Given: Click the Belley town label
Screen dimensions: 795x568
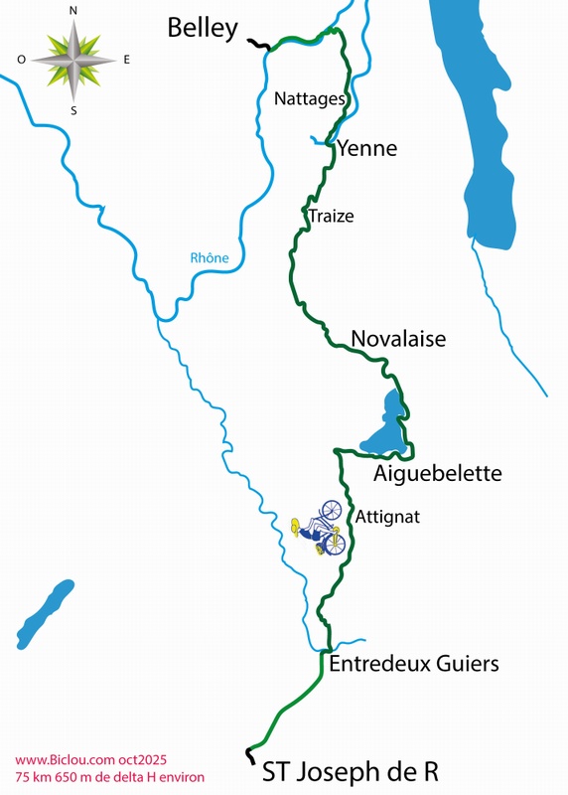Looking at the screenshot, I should [x=203, y=28].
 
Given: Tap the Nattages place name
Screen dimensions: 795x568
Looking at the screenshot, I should [x=310, y=99].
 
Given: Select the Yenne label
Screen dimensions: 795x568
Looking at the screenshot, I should [x=366, y=149].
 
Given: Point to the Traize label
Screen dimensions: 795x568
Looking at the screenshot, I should [x=331, y=216].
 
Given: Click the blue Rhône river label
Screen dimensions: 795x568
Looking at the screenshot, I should [x=210, y=258].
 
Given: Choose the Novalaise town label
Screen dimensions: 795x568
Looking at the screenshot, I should [x=398, y=339].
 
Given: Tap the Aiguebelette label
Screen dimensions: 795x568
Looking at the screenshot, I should [x=437, y=474].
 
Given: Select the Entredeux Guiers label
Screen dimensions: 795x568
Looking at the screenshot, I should [x=412, y=663].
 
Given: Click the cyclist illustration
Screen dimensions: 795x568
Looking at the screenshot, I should [x=319, y=529].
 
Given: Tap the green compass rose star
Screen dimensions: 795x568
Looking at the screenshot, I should [x=73, y=59].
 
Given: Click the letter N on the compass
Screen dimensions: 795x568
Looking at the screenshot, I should [x=73, y=11].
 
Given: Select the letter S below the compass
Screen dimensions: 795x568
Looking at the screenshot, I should [x=73, y=109].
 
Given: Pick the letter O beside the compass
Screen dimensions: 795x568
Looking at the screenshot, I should [x=22, y=60].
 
